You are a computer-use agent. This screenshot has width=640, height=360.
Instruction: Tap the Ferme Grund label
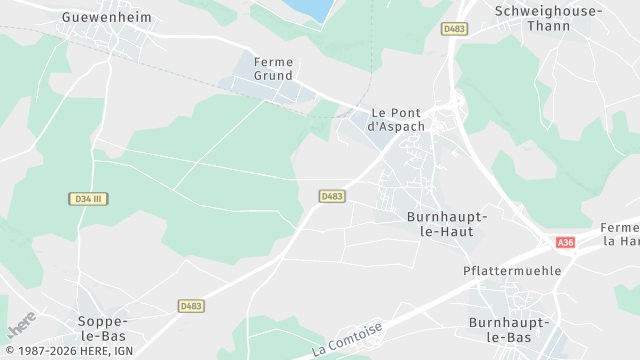(x=273, y=68)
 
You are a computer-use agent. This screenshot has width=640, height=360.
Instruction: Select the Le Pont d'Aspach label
(x=397, y=120)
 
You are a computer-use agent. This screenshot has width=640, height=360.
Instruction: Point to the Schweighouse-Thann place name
(x=549, y=18)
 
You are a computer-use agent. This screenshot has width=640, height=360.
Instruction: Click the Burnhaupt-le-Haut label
(x=447, y=223)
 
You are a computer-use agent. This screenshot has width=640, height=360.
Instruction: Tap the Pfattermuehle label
(x=512, y=271)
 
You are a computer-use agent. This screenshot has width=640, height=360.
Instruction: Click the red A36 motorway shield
(x=566, y=242)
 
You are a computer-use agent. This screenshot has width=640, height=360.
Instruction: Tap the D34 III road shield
(x=89, y=199)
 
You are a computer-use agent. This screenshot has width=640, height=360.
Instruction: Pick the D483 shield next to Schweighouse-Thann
(x=454, y=29)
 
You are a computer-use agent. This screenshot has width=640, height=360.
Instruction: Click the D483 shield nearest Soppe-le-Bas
(x=191, y=305)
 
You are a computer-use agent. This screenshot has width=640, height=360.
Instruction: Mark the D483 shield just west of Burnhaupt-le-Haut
(x=332, y=196)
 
